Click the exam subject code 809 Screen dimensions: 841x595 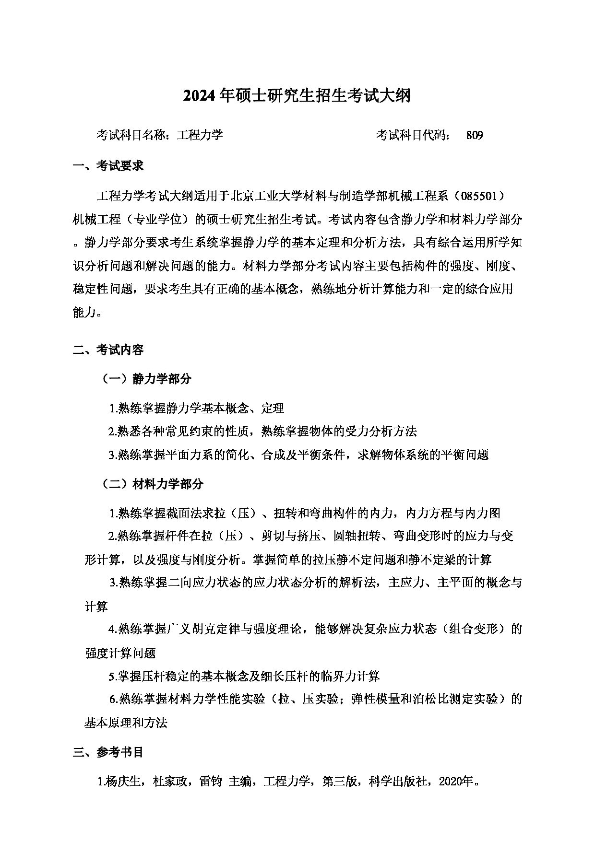474,135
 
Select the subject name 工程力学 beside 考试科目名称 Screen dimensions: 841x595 200,135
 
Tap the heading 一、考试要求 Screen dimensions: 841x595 108,166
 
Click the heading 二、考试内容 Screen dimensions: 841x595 108,350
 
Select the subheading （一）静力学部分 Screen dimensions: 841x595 146,379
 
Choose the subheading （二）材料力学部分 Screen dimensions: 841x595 152,484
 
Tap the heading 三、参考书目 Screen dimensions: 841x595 108,752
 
